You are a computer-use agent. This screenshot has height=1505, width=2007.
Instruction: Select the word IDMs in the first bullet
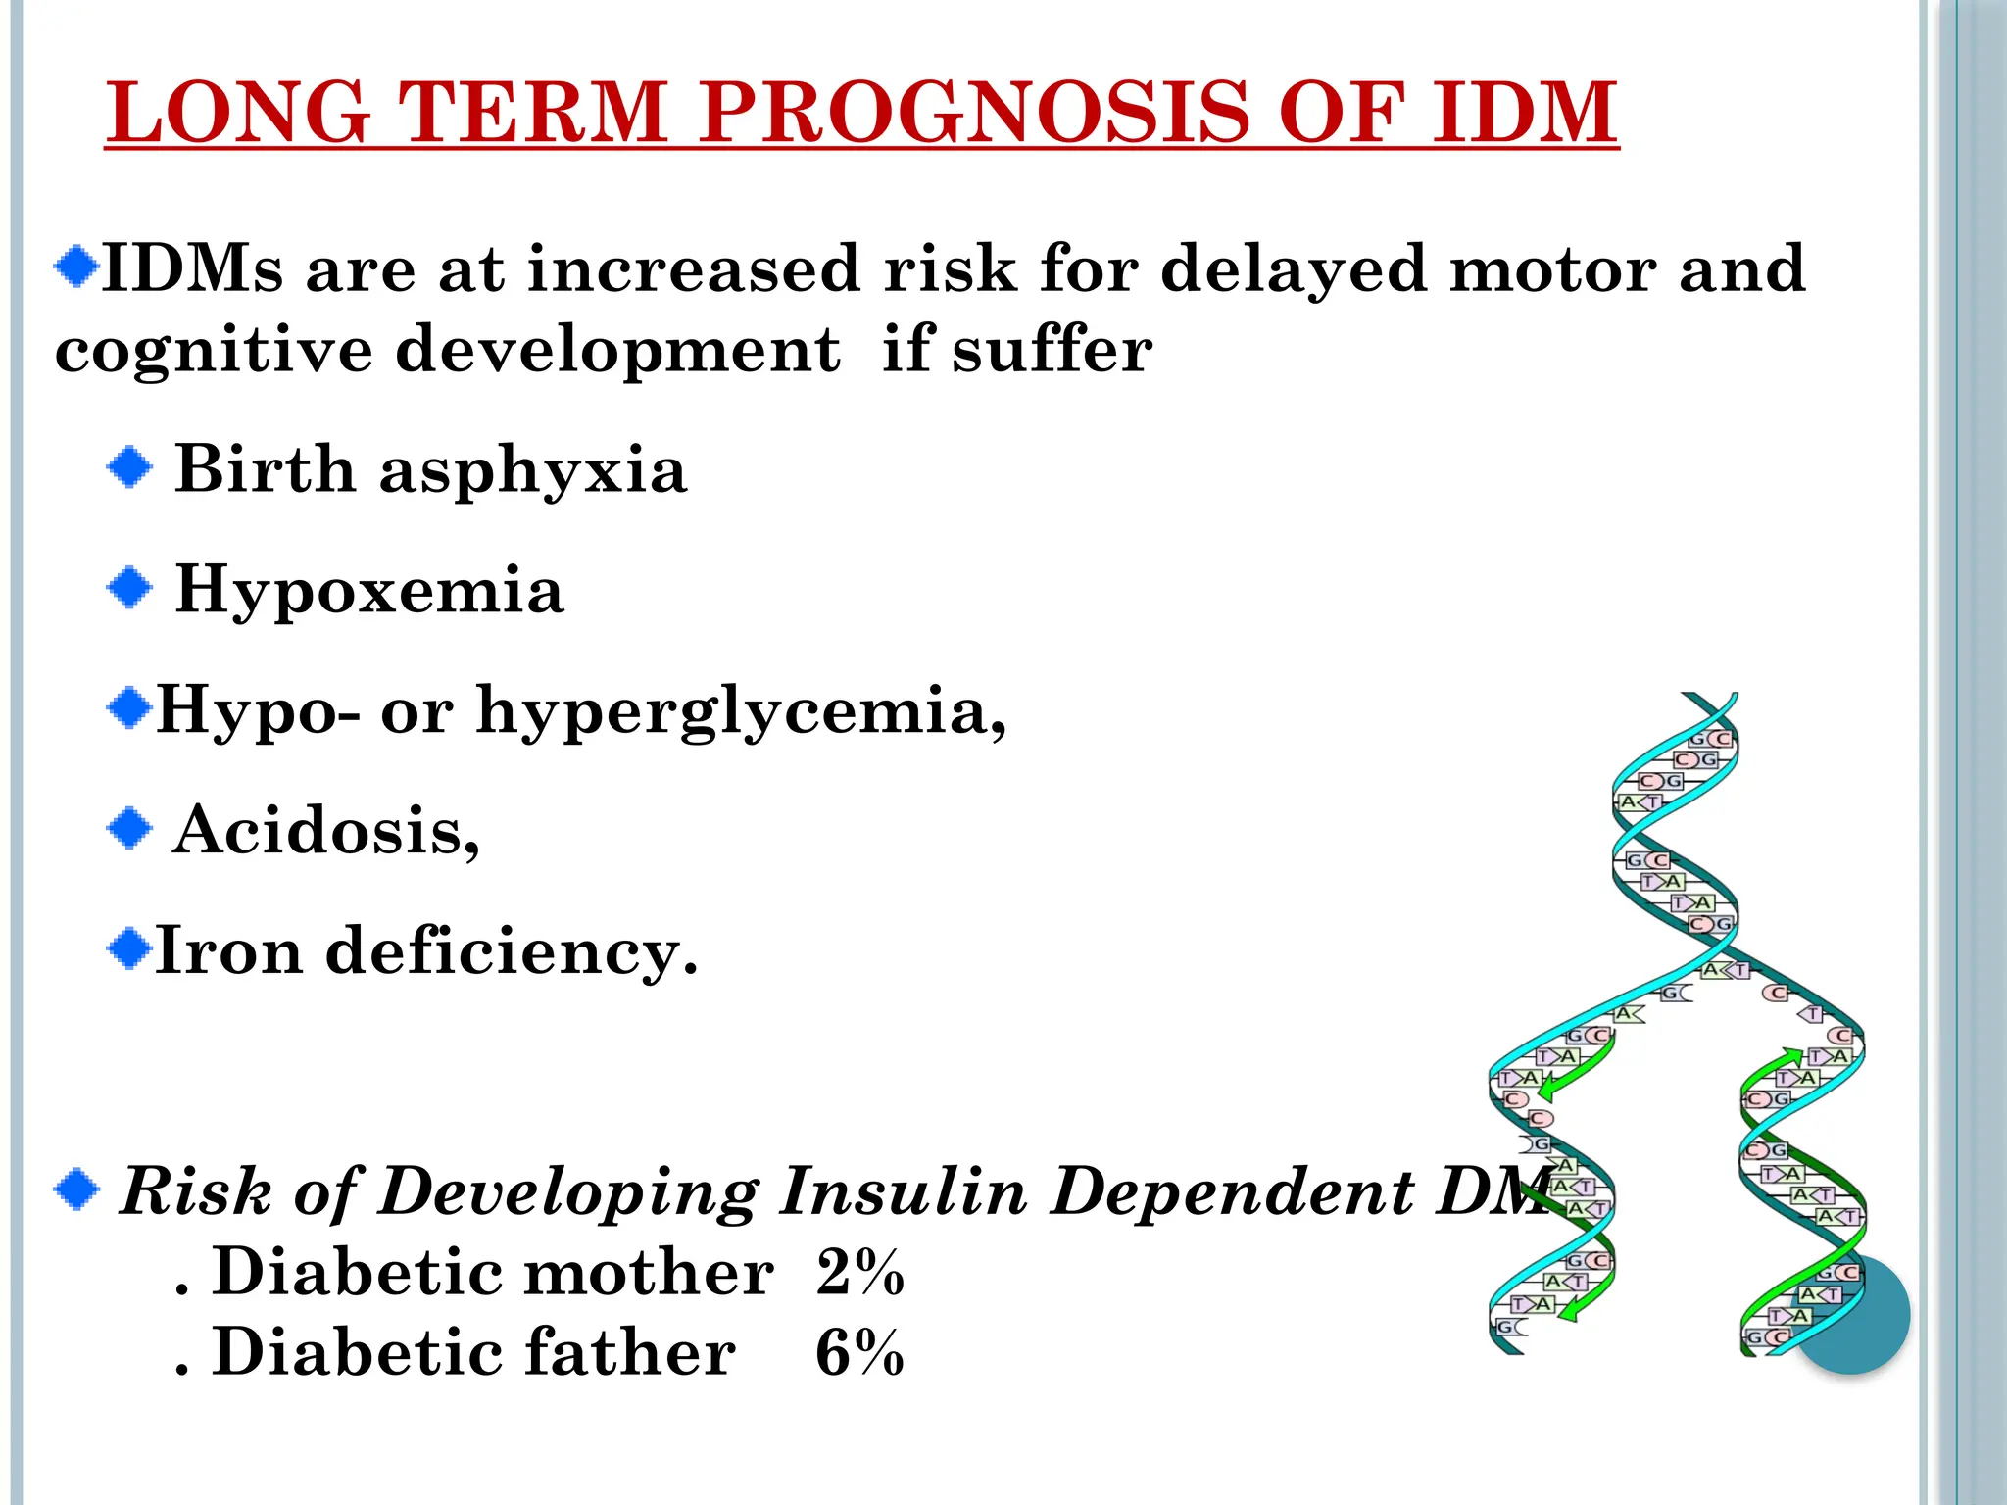coord(193,268)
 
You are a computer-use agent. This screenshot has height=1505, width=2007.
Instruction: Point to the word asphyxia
coord(533,470)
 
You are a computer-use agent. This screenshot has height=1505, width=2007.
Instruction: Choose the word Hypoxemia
coord(369,591)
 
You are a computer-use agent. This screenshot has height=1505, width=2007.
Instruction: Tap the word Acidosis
coord(325,831)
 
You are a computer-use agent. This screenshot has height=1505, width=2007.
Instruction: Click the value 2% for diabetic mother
coord(859,1273)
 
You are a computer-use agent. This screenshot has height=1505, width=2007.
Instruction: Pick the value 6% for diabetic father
coord(859,1353)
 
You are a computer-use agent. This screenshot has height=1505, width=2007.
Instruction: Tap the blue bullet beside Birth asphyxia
coord(129,468)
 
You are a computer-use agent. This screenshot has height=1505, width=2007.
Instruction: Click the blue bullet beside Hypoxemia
coord(129,589)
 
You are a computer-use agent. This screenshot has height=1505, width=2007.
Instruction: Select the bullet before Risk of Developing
coord(77,1190)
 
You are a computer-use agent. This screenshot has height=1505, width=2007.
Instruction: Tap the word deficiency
coord(511,950)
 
